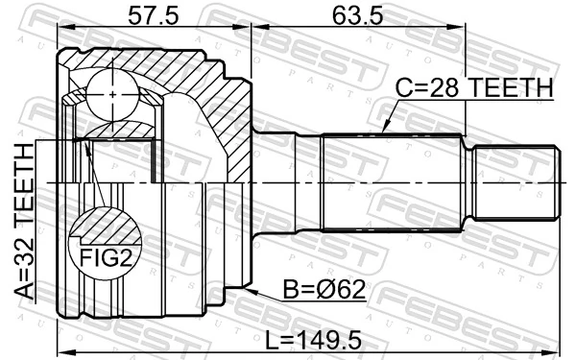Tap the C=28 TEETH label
coord(474,89)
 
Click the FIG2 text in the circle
coord(99,256)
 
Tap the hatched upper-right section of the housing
coord(216,115)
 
